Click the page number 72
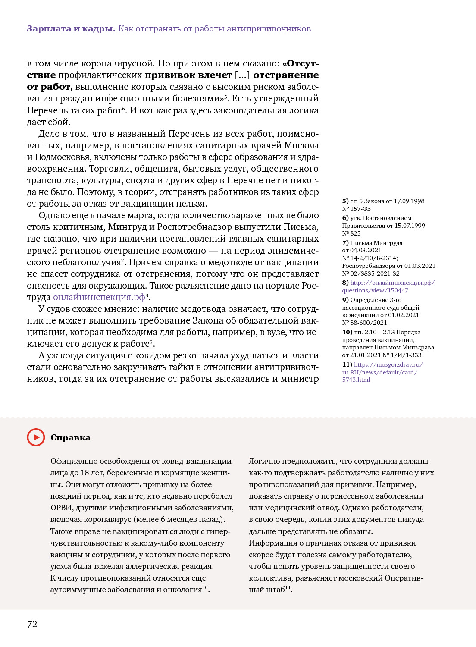tap(32, 624)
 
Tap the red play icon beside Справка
tap(36, 437)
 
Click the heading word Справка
tap(70, 437)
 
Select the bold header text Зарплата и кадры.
tap(71, 29)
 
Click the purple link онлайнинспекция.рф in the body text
tap(99, 297)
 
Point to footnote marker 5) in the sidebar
tap(345, 201)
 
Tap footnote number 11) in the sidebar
tap(347, 364)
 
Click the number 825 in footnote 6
tap(355, 233)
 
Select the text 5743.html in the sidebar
tap(356, 380)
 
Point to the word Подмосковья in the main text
tap(62, 157)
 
